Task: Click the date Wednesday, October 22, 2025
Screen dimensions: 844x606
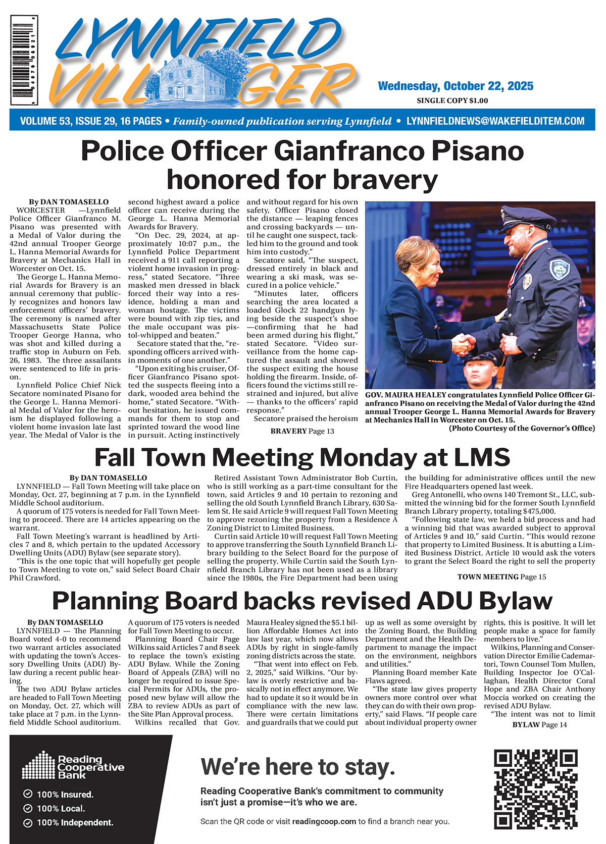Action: pyautogui.click(x=455, y=86)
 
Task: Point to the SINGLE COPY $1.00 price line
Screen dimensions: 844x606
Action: pyautogui.click(x=452, y=100)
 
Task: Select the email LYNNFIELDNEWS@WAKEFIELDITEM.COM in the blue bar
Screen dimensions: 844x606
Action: pyautogui.click(x=495, y=122)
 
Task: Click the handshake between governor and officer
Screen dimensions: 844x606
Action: pyautogui.click(x=464, y=344)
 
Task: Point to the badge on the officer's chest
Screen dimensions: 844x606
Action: pyautogui.click(x=528, y=281)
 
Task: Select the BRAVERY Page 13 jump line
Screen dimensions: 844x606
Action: pyautogui.click(x=302, y=431)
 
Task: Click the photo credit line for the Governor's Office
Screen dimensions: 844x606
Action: pyautogui.click(x=522, y=428)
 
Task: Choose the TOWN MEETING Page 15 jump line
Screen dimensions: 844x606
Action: pyautogui.click(x=501, y=577)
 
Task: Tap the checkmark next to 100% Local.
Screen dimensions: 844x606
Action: pyautogui.click(x=28, y=809)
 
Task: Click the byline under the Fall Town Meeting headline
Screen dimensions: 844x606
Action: pyautogui.click(x=108, y=478)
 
